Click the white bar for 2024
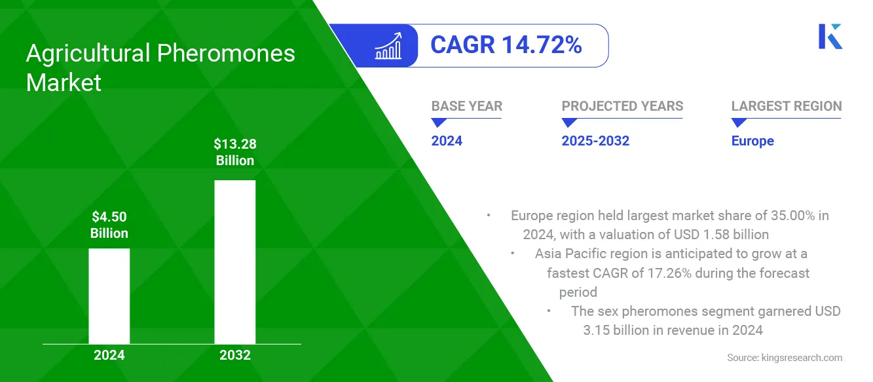click(x=109, y=296)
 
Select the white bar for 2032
click(x=234, y=261)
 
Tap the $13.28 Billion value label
click(x=234, y=152)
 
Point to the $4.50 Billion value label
click(x=109, y=225)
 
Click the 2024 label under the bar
click(x=109, y=356)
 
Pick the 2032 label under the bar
click(x=234, y=356)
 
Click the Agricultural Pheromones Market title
click(x=160, y=67)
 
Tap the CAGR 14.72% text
click(x=506, y=45)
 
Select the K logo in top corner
click(x=830, y=37)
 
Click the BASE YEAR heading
click(x=466, y=106)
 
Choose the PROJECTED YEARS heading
click(x=622, y=106)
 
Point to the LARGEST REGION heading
click(x=786, y=106)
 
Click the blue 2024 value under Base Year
click(x=447, y=141)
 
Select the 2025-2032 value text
click(x=595, y=141)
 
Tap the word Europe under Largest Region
click(x=752, y=141)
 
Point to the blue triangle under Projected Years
click(x=569, y=123)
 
